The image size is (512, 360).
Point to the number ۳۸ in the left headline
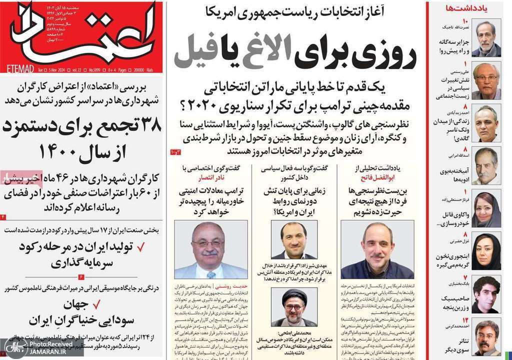pyautogui.click(x=145, y=125)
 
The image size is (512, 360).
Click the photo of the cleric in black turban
pyautogui.click(x=293, y=307)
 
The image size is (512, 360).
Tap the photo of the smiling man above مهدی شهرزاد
pyautogui.click(x=294, y=239)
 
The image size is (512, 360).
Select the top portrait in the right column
pyautogui.click(x=486, y=37)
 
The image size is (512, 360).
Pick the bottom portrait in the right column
pyautogui.click(x=486, y=337)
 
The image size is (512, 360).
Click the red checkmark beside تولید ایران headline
pyautogui.click(x=141, y=246)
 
